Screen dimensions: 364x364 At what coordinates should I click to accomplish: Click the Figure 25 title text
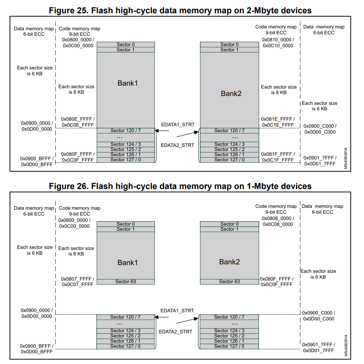[180, 10]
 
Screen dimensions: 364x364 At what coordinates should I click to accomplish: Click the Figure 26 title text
[180, 186]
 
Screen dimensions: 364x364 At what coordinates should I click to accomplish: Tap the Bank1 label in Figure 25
[128, 83]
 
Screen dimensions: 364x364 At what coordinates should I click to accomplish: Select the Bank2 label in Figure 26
[229, 262]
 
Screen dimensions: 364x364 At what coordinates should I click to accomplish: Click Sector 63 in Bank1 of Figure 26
[125, 282]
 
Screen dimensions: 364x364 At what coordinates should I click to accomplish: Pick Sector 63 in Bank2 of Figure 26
[229, 282]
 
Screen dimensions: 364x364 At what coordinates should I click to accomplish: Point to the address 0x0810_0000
[278, 40]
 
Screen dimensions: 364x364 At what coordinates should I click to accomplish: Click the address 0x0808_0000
[277, 219]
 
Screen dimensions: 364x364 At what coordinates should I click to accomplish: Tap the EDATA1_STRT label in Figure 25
[178, 125]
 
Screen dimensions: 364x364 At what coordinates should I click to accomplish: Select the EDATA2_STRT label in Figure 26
[176, 332]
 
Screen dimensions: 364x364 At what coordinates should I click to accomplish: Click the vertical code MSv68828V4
[346, 159]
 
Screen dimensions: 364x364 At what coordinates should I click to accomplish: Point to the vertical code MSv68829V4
[346, 346]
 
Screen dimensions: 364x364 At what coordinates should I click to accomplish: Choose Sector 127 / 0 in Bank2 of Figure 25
[229, 160]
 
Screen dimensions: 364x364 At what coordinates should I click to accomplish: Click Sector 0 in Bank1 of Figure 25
[126, 45]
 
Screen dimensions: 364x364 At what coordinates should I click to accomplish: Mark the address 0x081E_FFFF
[277, 119]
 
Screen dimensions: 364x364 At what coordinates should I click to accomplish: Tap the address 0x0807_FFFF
[77, 279]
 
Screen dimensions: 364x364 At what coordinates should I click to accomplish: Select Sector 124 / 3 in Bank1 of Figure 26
[125, 331]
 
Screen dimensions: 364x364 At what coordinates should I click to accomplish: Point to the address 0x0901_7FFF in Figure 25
[320, 158]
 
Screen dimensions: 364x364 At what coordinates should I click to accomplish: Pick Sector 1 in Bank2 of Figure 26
[229, 229]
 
